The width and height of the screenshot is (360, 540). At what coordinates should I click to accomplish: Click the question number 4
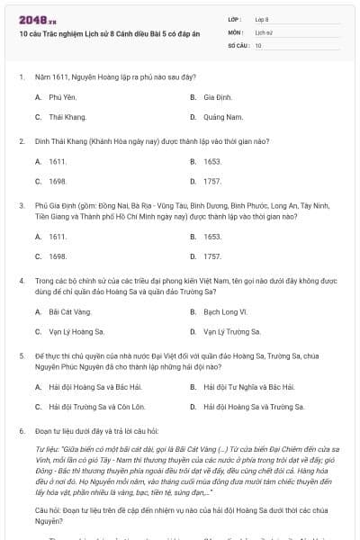[x=21, y=282]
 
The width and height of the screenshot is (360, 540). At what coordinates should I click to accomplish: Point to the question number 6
[x=21, y=432]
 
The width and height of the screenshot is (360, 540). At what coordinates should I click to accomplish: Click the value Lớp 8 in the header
[x=262, y=18]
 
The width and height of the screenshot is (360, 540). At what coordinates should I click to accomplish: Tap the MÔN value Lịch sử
[x=263, y=31]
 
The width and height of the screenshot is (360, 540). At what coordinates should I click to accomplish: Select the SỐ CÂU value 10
[x=258, y=44]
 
